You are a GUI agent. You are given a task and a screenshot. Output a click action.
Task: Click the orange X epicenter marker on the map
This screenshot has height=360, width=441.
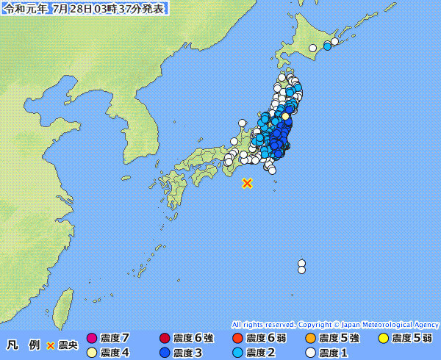248,183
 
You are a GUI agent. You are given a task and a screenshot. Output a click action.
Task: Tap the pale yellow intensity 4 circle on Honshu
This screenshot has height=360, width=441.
285,115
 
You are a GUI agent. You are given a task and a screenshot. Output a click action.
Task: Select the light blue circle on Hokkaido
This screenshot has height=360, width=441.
327,46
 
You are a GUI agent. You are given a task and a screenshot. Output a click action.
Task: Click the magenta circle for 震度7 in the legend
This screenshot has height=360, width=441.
92,338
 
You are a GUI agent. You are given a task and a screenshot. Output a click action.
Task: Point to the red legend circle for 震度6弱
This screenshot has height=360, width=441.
237,338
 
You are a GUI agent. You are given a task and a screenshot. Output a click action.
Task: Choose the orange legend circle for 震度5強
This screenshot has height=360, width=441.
310,338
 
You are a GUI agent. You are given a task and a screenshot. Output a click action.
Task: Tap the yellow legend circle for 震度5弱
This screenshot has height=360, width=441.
383,338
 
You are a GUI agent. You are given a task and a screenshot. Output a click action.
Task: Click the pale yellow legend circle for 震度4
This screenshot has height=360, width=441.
92,353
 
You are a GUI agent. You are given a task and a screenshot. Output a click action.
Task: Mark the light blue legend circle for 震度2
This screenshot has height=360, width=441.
237,353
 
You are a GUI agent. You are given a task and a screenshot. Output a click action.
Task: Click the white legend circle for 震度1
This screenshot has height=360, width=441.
310,353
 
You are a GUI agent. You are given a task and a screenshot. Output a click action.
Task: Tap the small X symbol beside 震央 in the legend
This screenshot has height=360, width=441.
51,345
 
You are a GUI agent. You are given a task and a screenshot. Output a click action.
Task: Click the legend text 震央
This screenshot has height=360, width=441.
68,345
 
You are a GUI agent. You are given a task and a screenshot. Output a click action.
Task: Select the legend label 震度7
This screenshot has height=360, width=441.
115,338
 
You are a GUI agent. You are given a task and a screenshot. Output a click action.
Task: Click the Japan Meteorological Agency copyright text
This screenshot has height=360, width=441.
335,324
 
